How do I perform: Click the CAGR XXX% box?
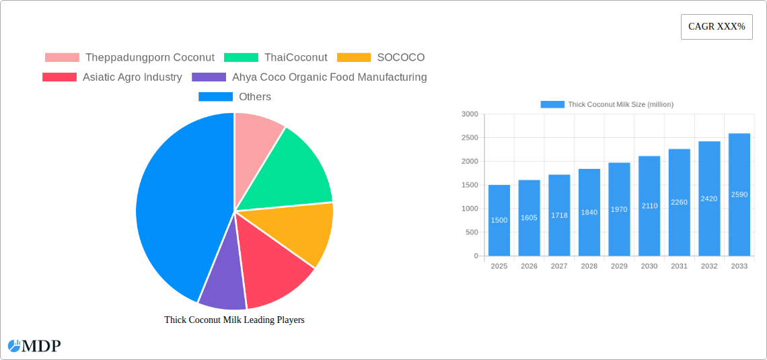(x=717, y=27)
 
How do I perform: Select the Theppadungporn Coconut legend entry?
(x=130, y=58)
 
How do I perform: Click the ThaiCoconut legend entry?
(x=276, y=58)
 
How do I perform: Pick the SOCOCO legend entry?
(x=381, y=58)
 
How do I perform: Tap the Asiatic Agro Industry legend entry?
(x=112, y=77)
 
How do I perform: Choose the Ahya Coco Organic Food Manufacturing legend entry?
(x=309, y=77)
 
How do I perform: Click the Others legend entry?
(x=235, y=97)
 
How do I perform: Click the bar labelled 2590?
(x=739, y=194)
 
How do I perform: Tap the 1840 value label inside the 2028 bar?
(x=589, y=212)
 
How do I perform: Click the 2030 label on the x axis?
(x=649, y=266)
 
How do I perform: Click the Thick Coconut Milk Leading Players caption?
(x=234, y=320)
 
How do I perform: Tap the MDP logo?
(x=34, y=346)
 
